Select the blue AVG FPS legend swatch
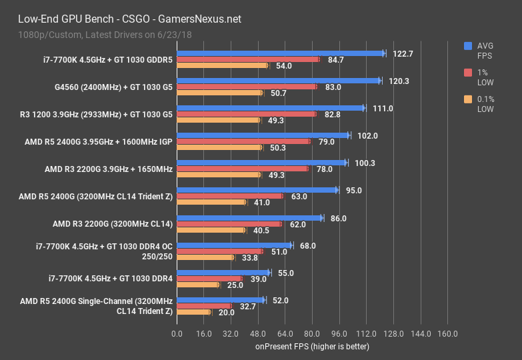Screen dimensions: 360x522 point(469,46)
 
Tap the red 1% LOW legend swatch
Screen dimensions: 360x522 point(469,73)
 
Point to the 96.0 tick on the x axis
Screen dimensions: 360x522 point(339,333)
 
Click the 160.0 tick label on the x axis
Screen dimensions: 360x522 point(447,333)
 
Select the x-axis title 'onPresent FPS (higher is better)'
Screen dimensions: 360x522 point(311,347)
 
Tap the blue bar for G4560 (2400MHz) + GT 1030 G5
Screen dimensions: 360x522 point(278,81)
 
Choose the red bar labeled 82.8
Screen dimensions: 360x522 point(246,114)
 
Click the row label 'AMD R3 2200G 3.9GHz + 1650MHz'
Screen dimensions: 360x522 point(108,169)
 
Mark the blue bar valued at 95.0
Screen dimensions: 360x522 point(257,190)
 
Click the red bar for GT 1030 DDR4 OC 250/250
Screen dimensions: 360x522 point(219,251)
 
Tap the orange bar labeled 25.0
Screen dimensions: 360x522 point(197,285)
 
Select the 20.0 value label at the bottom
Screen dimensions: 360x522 point(227,312)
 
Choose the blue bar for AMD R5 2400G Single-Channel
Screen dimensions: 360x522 point(221,300)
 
